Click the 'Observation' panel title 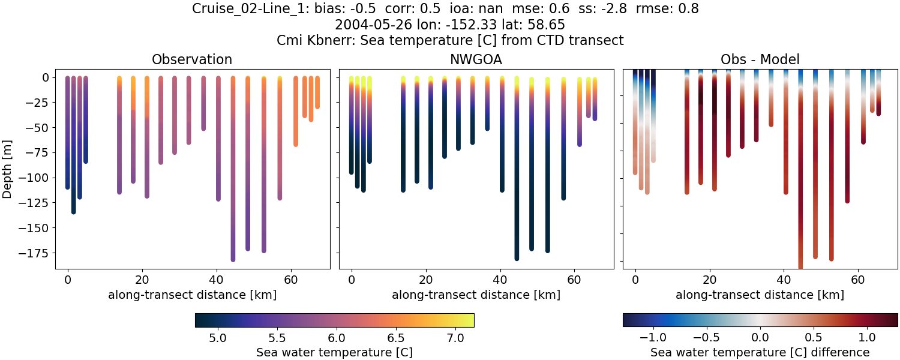pos(192,59)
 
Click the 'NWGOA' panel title pos(476,59)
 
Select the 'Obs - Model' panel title pos(760,59)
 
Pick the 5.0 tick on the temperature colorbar pos(217,337)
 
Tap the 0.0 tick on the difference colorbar pos(760,337)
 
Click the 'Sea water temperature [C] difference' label pos(760,352)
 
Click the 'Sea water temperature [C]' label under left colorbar pos(334,352)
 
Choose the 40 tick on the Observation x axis pos(216,279)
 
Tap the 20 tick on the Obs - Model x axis pos(710,279)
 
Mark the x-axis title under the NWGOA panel pos(476,295)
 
